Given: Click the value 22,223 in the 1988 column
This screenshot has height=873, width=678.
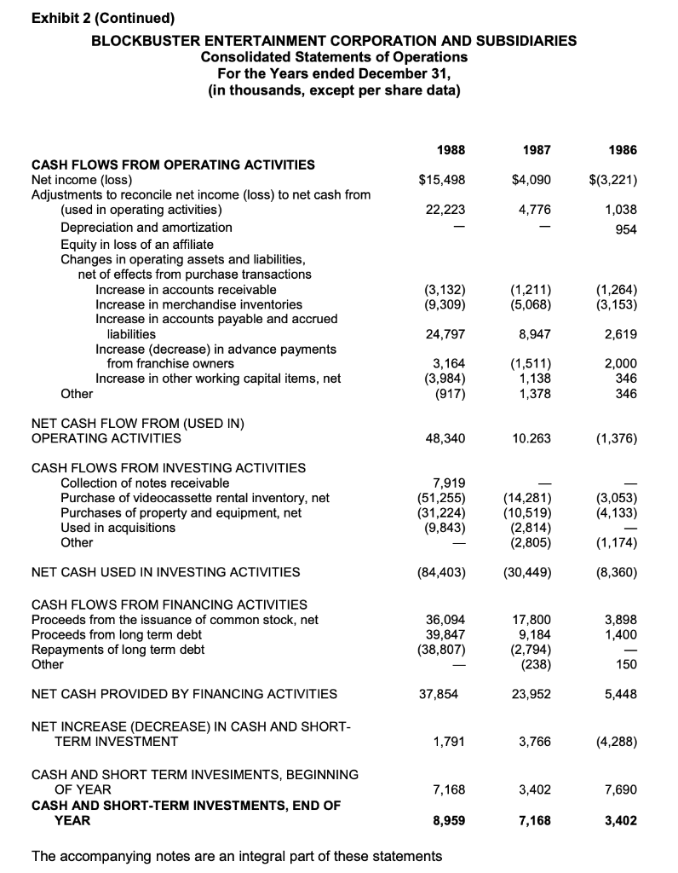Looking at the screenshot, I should tap(439, 209).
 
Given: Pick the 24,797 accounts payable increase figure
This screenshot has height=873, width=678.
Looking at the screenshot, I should tap(439, 334).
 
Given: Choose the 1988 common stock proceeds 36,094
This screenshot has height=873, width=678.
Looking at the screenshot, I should tap(439, 620).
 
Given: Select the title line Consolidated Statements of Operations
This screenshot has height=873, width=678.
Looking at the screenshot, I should tap(334, 56).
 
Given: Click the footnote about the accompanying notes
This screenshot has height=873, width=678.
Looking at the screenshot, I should tap(236, 855).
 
